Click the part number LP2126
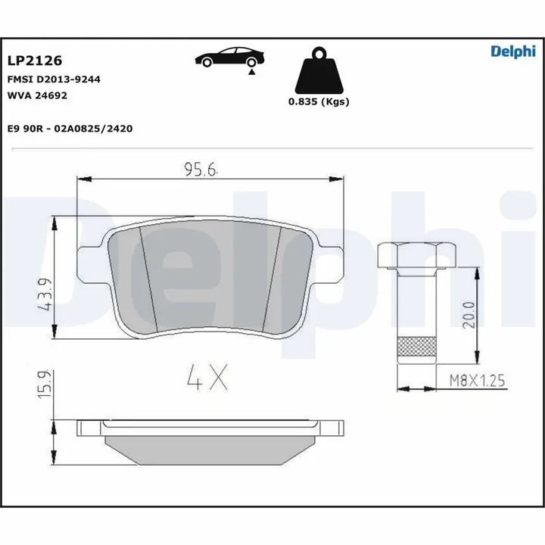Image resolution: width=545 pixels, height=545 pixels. pyautogui.click(x=35, y=60)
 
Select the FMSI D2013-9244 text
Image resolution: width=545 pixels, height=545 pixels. pyautogui.click(x=54, y=79)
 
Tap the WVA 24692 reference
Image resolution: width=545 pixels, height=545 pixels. pyautogui.click(x=38, y=95)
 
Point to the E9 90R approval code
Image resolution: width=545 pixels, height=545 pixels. pyautogui.click(x=70, y=129)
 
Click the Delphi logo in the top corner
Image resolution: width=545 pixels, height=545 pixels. pyautogui.click(x=512, y=51)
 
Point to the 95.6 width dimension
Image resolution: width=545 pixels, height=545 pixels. pyautogui.click(x=201, y=170)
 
